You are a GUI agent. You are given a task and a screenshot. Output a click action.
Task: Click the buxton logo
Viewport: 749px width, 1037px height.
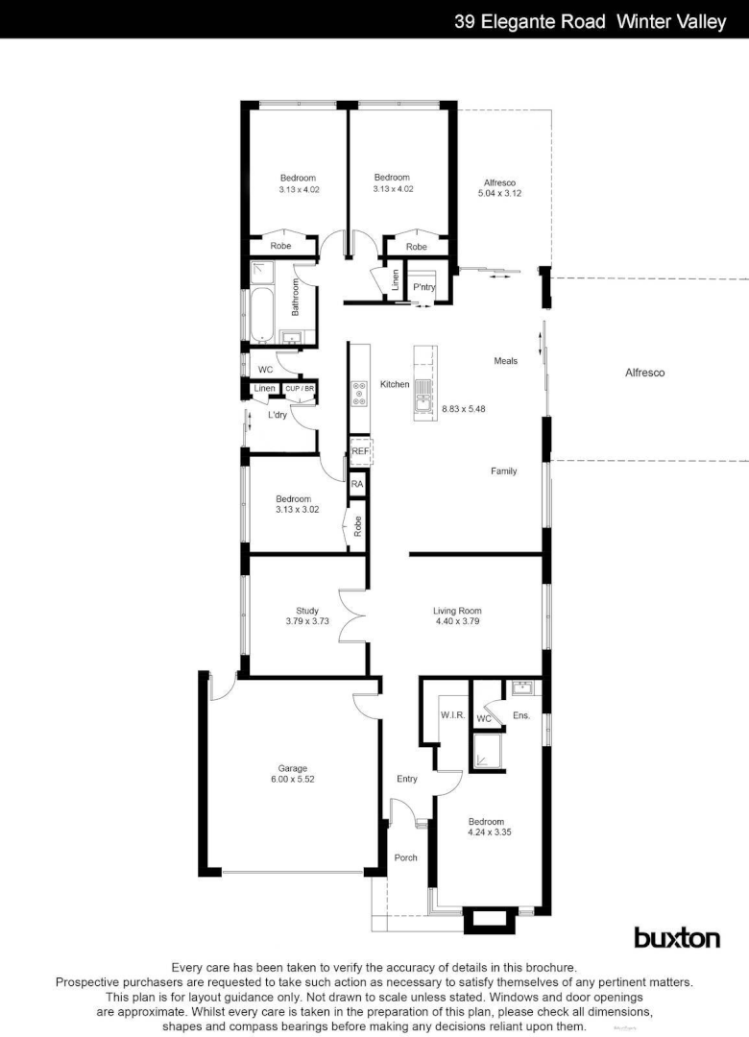tap(676, 937)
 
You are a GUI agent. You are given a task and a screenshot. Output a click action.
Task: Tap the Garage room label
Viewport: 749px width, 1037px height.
tap(293, 768)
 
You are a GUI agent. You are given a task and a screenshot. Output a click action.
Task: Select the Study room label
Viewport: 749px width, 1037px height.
tap(307, 611)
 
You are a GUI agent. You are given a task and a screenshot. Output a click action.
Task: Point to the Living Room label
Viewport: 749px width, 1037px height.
tap(457, 611)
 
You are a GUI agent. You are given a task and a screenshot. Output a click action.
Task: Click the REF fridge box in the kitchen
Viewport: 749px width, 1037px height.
tap(360, 451)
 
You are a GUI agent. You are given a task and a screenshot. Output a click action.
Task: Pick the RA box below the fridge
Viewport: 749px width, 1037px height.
tap(357, 484)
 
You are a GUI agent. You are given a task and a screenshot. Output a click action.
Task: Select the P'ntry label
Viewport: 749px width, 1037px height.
tap(423, 287)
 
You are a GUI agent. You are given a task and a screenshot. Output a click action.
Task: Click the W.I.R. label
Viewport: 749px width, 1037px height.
tap(452, 715)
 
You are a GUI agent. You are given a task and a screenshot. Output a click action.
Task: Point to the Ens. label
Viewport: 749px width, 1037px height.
tap(521, 715)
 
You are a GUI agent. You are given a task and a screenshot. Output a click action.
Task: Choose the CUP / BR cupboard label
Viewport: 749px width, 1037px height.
tap(300, 389)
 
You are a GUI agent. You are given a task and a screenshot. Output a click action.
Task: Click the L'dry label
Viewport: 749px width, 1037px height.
tap(278, 415)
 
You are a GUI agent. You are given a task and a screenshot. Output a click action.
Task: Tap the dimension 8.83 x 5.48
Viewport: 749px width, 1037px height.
tap(464, 409)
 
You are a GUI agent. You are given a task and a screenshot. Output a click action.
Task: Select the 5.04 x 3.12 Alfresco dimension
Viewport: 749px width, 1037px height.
tap(499, 194)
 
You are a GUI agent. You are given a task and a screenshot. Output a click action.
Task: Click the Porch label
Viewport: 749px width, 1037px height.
tap(406, 857)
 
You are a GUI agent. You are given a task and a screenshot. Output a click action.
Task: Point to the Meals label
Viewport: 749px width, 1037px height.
tap(506, 361)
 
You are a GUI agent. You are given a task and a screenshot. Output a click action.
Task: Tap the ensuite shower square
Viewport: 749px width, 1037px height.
tap(490, 754)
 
